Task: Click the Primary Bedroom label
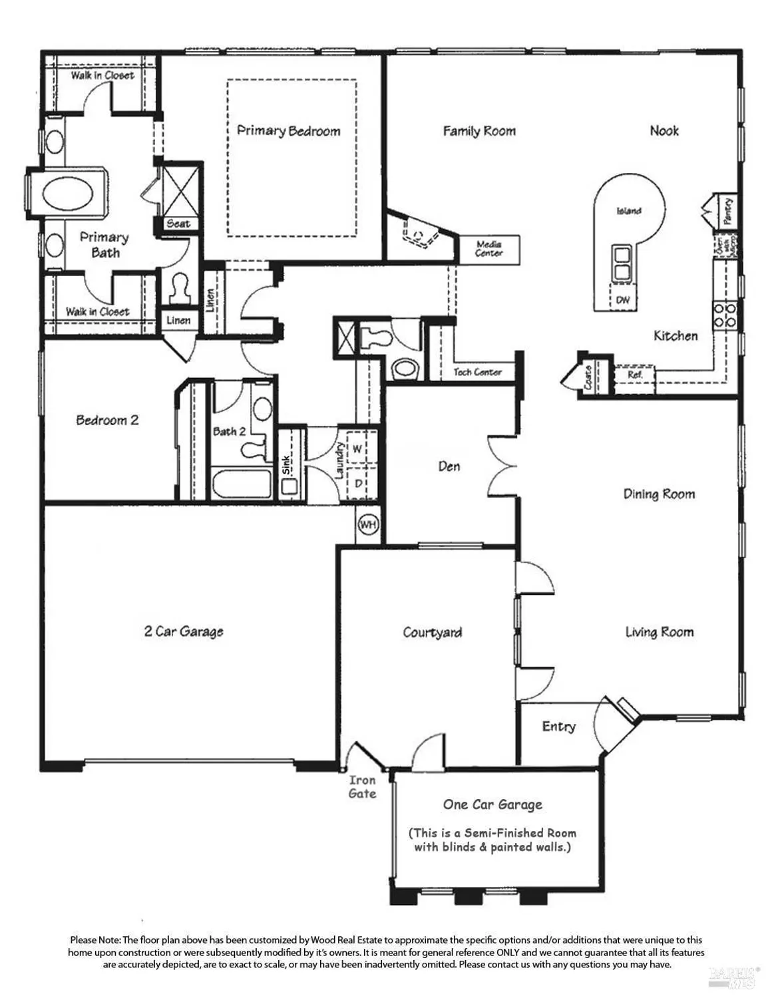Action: (x=288, y=131)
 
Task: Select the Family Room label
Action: (x=479, y=131)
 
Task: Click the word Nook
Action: (x=664, y=131)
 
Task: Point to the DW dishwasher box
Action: (x=622, y=300)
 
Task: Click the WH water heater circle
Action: (x=368, y=525)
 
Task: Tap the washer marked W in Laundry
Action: (x=357, y=449)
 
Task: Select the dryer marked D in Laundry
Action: (x=358, y=484)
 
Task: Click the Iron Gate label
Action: (x=362, y=786)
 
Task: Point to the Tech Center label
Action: (x=477, y=372)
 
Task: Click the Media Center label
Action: (x=489, y=249)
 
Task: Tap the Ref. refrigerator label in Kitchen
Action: (x=634, y=375)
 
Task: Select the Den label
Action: (x=449, y=466)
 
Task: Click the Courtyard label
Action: (x=432, y=632)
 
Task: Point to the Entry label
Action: (x=558, y=727)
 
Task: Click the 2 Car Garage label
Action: (x=184, y=631)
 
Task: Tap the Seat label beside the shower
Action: (x=178, y=224)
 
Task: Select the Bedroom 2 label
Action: (x=107, y=420)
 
